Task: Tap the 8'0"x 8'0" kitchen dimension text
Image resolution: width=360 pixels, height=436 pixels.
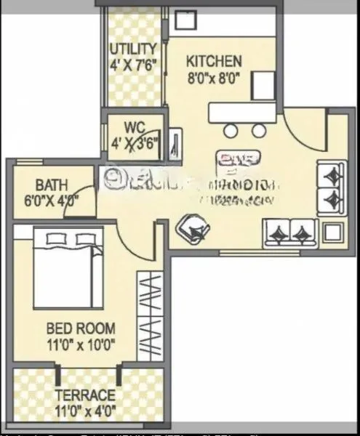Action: pos(213,77)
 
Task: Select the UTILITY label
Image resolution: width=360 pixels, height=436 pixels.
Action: pos(133,49)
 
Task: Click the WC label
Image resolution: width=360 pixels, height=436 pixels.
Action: pos(134,128)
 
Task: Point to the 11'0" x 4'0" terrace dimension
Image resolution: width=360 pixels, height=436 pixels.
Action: pos(84,411)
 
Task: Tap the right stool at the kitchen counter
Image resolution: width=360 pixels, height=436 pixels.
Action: pos(259,131)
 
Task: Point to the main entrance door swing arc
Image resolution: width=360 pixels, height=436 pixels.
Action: pos(300,131)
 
